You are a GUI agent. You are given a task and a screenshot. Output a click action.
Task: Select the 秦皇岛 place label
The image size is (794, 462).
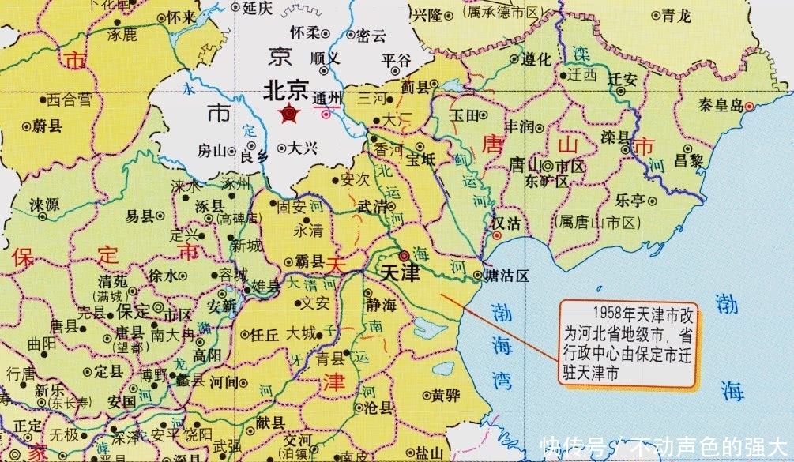719,104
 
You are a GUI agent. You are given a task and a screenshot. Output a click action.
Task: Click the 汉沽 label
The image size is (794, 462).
506,223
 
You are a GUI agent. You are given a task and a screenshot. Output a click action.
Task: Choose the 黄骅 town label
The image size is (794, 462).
440,396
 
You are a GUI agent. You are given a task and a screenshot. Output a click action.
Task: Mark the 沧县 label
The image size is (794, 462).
378,408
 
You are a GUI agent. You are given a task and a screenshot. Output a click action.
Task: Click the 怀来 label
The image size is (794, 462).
183,17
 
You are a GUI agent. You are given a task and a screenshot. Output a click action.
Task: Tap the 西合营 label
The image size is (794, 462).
70,100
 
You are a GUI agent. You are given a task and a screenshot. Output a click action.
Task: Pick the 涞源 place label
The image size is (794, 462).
45,204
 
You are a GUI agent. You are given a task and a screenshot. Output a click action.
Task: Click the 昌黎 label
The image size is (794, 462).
688,161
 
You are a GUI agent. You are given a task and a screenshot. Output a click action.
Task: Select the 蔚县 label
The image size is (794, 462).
47,126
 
